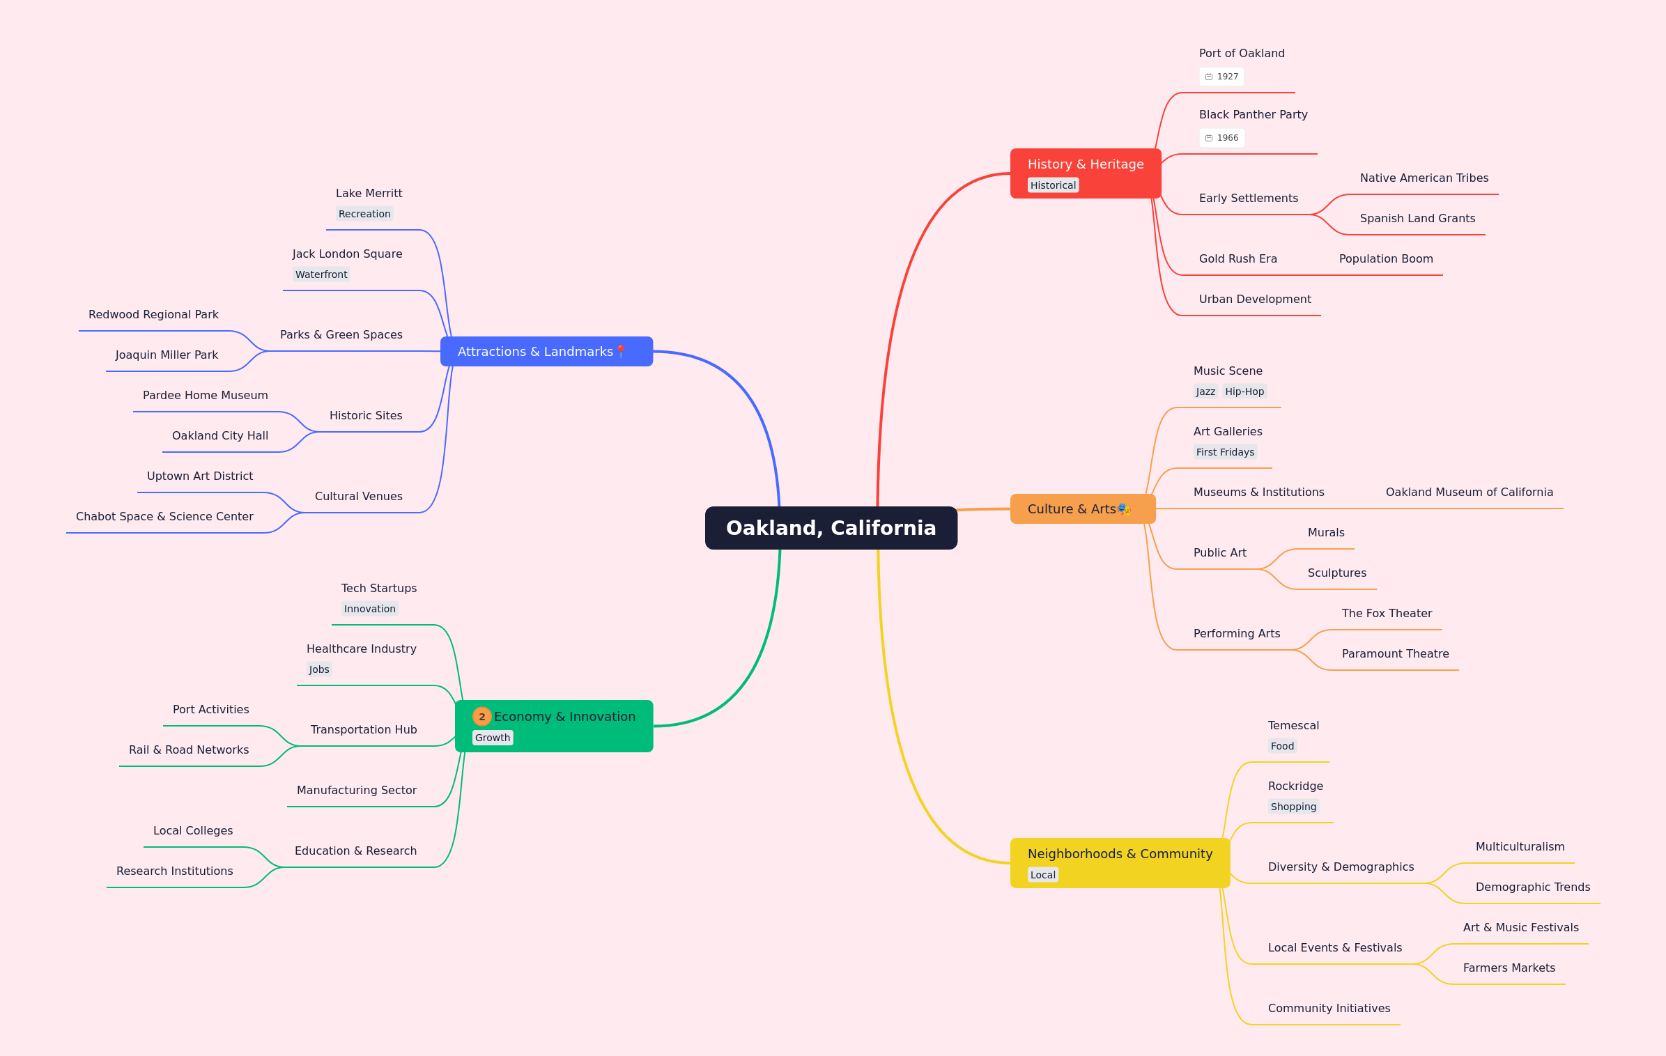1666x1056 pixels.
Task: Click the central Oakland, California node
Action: pos(831,528)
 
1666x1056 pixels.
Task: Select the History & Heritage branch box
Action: pos(1086,173)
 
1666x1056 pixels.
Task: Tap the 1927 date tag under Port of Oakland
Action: pos(1221,77)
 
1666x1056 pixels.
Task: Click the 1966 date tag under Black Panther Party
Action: pos(1221,138)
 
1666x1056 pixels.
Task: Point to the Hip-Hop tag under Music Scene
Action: pos(1244,391)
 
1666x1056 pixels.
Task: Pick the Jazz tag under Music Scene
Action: pos(1205,391)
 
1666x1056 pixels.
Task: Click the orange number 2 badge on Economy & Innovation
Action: pos(481,717)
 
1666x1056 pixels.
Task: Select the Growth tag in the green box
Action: pos(493,738)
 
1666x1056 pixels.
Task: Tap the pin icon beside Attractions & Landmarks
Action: pos(621,352)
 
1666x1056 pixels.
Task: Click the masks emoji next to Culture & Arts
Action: pos(1124,509)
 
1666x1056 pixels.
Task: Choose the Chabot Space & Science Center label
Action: pos(164,516)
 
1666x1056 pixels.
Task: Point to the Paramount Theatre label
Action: pos(1395,653)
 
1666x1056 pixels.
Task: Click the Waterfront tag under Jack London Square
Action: pos(321,274)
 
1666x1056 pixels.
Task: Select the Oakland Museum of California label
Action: pos(1470,492)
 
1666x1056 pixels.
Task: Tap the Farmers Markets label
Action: pos(1509,968)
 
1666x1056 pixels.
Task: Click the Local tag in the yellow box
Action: pos(1043,875)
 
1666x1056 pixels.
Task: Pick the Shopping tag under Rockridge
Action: pos(1293,807)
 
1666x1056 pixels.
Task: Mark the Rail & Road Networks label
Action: pos(189,750)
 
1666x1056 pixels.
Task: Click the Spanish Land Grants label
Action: pos(1417,218)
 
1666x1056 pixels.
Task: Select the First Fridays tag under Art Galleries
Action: pos(1225,452)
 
